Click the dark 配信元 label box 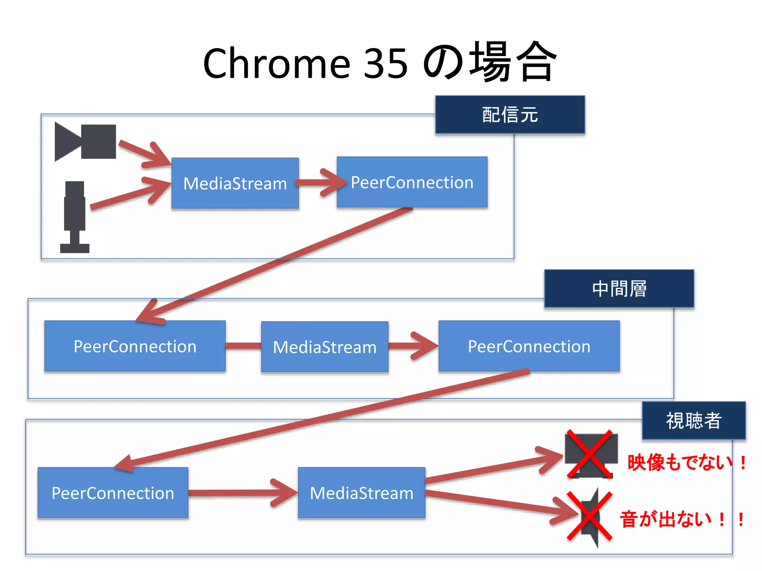click(510, 114)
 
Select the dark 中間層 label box click(619, 288)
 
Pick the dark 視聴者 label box click(694, 420)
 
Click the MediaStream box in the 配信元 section click(235, 183)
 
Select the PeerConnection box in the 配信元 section click(412, 182)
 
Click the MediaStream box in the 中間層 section click(324, 347)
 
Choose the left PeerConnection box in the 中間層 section click(135, 346)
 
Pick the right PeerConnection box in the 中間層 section click(529, 346)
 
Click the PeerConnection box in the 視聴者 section click(113, 493)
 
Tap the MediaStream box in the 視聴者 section click(361, 493)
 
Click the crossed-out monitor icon click(590, 454)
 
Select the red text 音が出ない click(666, 519)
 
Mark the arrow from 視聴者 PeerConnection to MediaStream click(242, 493)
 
